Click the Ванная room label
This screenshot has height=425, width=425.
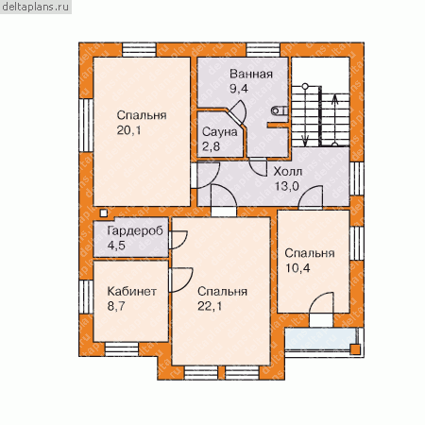pyautogui.click(x=251, y=75)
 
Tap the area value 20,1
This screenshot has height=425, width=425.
pyautogui.click(x=128, y=130)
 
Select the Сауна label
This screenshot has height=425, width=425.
pyautogui.click(x=219, y=132)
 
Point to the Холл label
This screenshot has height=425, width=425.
pyautogui.click(x=288, y=172)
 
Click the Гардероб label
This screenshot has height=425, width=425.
pyautogui.click(x=135, y=231)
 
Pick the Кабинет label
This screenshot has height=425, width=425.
pyautogui.click(x=131, y=291)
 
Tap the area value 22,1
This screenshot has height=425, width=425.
pyautogui.click(x=210, y=306)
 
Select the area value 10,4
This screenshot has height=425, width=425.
pyautogui.click(x=297, y=268)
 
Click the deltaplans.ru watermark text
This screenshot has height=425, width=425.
pyautogui.click(x=36, y=7)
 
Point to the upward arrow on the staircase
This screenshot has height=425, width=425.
pyautogui.click(x=334, y=120)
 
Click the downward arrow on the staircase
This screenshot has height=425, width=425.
pyautogui.click(x=305, y=115)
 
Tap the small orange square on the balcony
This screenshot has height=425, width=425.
pyautogui.click(x=355, y=349)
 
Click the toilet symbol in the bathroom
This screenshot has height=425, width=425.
pyautogui.click(x=279, y=110)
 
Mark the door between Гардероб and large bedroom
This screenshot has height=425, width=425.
pyautogui.click(x=178, y=240)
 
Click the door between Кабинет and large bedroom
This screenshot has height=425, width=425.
pyautogui.click(x=180, y=280)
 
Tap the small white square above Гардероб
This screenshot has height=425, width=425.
pyautogui.click(x=103, y=213)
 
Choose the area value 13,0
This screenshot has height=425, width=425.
pyautogui.click(x=287, y=186)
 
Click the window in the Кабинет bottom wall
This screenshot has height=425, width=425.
pyautogui.click(x=122, y=349)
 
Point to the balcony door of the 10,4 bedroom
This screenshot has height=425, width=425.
pyautogui.click(x=321, y=310)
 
